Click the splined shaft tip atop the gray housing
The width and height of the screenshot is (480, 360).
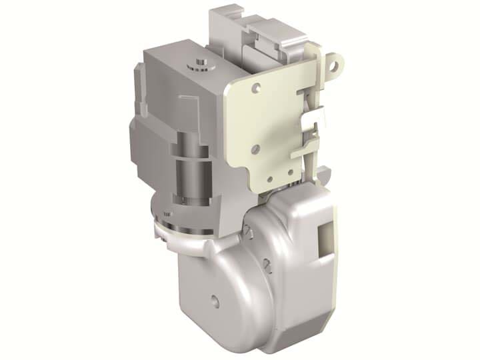click(198, 63)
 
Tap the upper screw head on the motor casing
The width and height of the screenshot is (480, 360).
click(247, 230)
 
